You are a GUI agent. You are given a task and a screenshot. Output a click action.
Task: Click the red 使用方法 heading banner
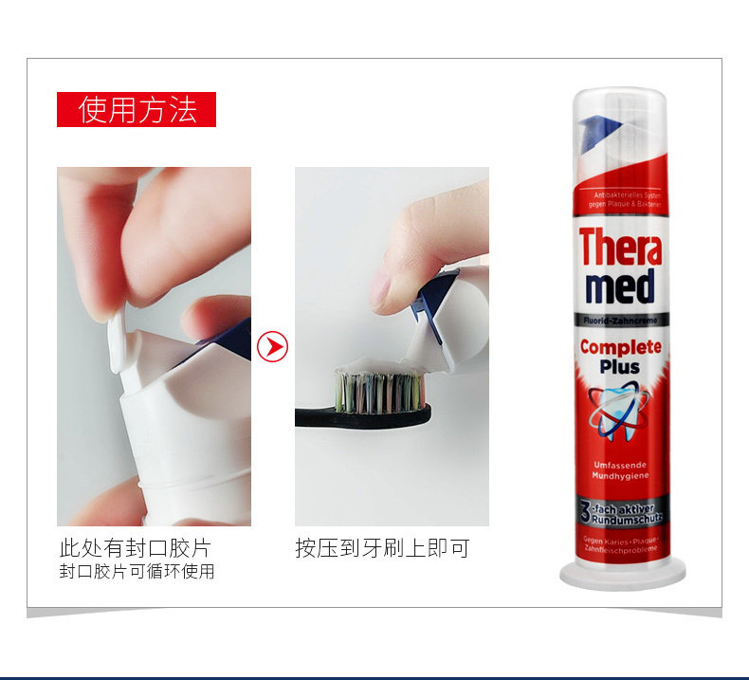click(x=137, y=110)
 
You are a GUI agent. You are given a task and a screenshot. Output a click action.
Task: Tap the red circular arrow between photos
click(x=273, y=347)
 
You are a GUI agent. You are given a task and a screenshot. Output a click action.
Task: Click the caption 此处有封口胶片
click(x=135, y=548)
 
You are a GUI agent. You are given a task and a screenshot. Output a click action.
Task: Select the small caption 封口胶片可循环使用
click(x=137, y=571)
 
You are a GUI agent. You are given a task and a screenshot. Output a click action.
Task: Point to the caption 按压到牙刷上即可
click(x=381, y=548)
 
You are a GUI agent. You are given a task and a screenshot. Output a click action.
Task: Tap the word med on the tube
click(x=621, y=287)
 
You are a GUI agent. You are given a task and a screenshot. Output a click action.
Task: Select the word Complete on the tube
click(x=621, y=347)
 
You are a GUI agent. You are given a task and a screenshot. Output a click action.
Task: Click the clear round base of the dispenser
click(x=622, y=573)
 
